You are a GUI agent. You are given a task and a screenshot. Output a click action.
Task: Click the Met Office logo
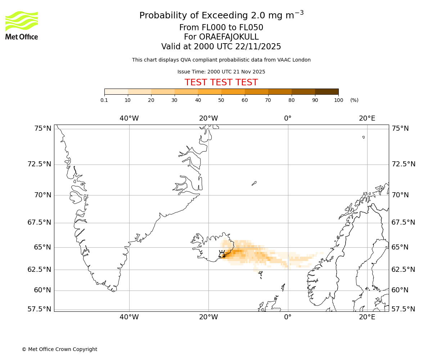coord(22,25)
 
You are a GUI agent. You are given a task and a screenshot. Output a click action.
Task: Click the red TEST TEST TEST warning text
coord(221,82)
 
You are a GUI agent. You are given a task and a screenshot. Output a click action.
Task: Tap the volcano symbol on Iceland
coord(222,254)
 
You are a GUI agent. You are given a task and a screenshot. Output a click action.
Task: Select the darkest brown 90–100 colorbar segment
coord(327,91)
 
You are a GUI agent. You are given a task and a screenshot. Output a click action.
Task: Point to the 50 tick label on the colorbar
coord(221,100)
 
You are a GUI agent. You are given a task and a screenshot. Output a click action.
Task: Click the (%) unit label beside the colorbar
coord(354,100)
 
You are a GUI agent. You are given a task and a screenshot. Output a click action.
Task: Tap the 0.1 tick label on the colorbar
coord(104,100)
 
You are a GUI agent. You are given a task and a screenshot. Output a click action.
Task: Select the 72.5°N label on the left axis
coord(39,164)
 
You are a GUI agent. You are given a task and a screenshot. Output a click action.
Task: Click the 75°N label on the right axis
coord(400,129)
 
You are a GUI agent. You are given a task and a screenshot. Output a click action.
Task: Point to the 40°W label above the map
coord(129,118)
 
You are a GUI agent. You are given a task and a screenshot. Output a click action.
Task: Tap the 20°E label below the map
coord(367,317)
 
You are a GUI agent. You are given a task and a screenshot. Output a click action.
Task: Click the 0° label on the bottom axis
coord(288,317)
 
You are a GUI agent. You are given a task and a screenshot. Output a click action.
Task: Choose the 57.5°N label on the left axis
coord(39,309)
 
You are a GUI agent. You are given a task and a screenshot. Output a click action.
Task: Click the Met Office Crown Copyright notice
coord(59,349)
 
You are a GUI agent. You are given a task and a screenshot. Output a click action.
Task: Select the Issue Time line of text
coord(221,72)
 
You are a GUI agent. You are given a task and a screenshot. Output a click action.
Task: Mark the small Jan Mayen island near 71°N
coord(254,183)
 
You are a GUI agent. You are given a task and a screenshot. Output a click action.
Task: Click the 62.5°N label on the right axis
coord(403,270)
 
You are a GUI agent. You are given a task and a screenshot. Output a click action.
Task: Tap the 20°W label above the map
coord(208,118)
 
